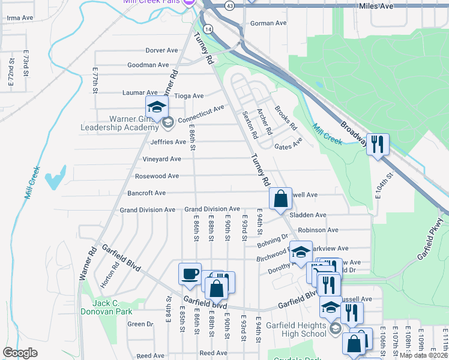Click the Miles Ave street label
(x=376, y=5)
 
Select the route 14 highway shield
(x=208, y=29)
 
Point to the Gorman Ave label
(x=268, y=23)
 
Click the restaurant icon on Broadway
(x=378, y=145)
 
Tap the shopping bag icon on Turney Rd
(x=280, y=198)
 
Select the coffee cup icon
(x=190, y=274)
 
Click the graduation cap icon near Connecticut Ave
(x=156, y=107)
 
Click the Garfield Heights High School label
(x=297, y=330)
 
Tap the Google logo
(x=20, y=353)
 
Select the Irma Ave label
(x=19, y=18)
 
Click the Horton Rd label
(x=115, y=274)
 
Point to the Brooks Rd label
(x=286, y=118)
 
